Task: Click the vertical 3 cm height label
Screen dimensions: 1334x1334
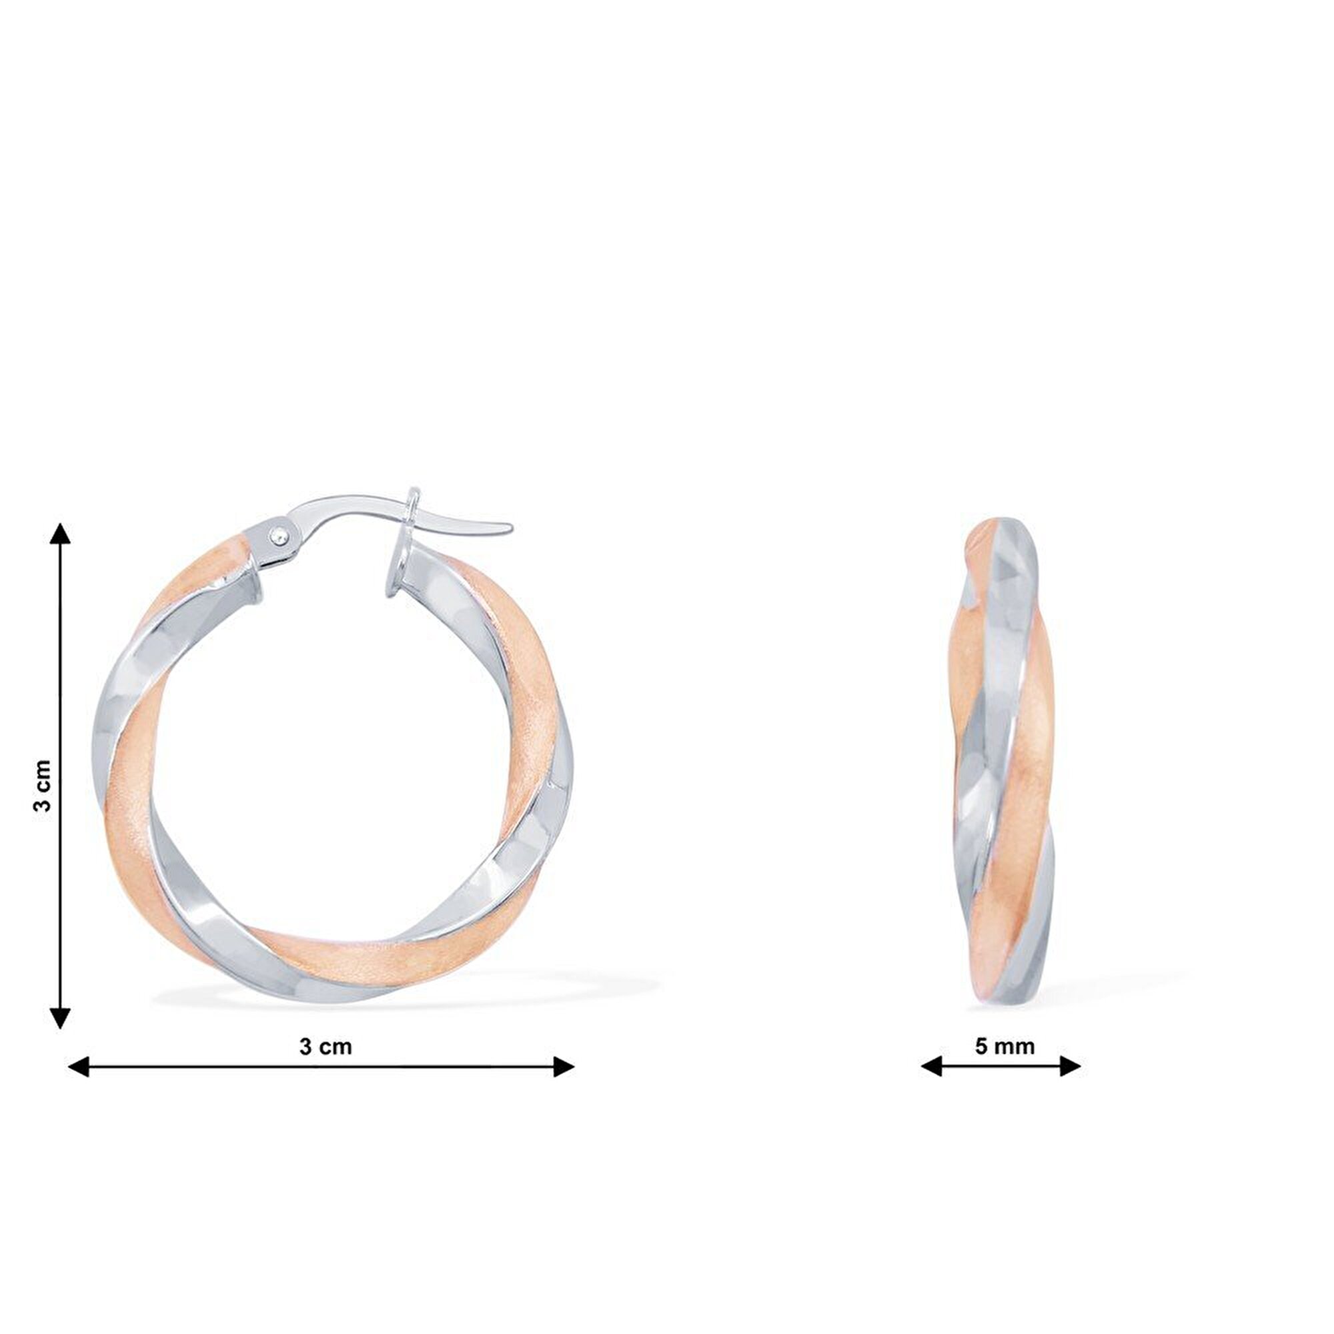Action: coord(43,785)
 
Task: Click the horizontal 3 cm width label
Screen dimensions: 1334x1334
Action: coord(325,1046)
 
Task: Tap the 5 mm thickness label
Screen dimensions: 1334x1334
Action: coord(1005,1046)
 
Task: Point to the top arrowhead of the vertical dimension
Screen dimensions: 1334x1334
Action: coord(61,534)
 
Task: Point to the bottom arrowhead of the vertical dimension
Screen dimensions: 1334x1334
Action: coord(61,1017)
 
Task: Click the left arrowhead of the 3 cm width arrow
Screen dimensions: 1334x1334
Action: coord(79,1066)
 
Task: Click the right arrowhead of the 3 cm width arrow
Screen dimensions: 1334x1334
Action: coord(564,1066)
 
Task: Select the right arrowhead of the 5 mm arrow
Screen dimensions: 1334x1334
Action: coord(1071,1066)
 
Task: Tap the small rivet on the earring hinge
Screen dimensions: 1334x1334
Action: coord(279,534)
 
